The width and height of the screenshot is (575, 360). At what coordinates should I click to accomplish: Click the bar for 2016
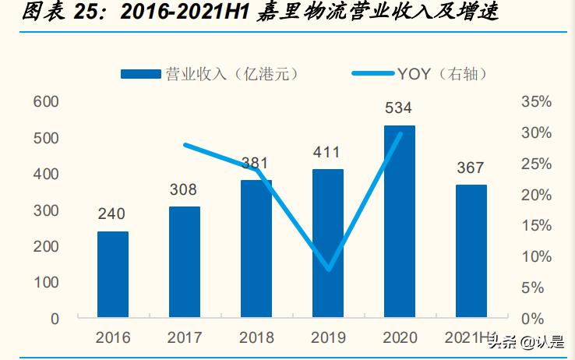113,274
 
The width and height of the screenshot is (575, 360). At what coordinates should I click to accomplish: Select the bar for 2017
185,262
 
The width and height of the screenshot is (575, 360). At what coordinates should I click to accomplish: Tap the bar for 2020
399,221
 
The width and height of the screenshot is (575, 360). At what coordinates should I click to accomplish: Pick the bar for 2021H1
471,251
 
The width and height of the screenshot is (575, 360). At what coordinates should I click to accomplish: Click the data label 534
399,108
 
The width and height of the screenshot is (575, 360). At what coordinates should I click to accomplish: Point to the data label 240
113,214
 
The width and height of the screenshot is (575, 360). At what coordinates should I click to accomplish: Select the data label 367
471,168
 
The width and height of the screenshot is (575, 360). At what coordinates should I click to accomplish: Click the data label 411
327,151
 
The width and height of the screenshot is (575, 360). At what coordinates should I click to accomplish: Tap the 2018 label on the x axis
256,338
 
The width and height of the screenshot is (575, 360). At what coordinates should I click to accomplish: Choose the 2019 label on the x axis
327,338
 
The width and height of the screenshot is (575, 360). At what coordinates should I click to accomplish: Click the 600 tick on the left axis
46,102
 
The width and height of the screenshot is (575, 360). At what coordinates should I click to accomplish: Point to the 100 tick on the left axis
46,282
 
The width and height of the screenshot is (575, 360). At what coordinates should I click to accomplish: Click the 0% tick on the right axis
538,319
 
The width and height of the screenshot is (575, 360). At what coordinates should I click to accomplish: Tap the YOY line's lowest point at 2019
328,270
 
